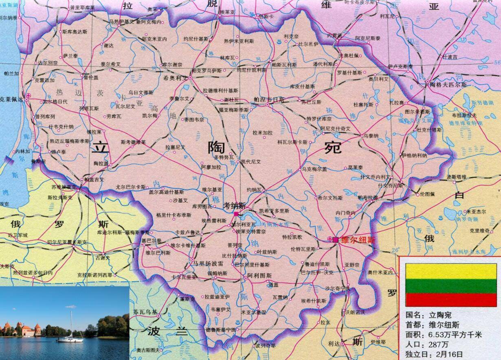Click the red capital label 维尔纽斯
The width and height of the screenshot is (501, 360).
(x=358, y=240)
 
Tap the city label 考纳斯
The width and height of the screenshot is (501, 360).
(x=234, y=206)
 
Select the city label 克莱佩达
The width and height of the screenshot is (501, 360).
(x=11, y=99)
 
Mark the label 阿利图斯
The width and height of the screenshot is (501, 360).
(x=259, y=276)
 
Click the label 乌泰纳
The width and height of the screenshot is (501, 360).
(x=371, y=136)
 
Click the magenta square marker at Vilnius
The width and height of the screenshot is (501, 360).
(x=335, y=240)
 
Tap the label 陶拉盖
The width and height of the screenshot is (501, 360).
(x=101, y=163)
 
